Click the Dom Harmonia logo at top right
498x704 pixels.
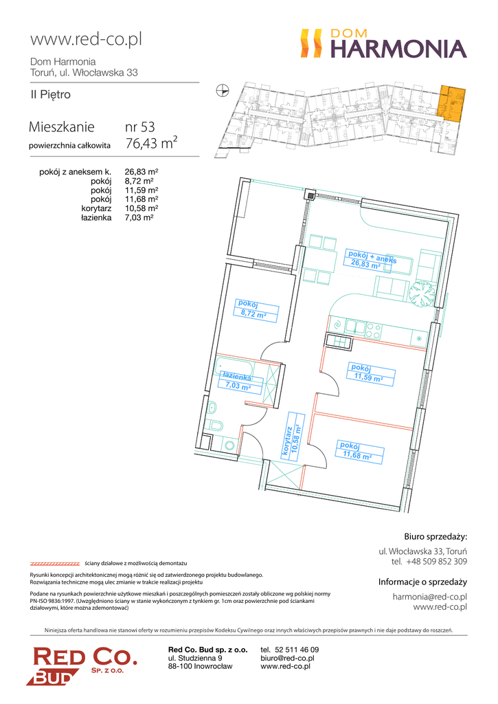[383, 43]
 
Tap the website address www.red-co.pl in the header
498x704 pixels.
[86, 39]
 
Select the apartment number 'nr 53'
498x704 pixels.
[140, 127]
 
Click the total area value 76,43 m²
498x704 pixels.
[151, 143]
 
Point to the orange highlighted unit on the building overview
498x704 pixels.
[452, 104]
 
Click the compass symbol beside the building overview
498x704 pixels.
[222, 91]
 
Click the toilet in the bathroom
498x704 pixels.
[214, 425]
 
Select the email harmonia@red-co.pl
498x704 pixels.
[430, 597]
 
